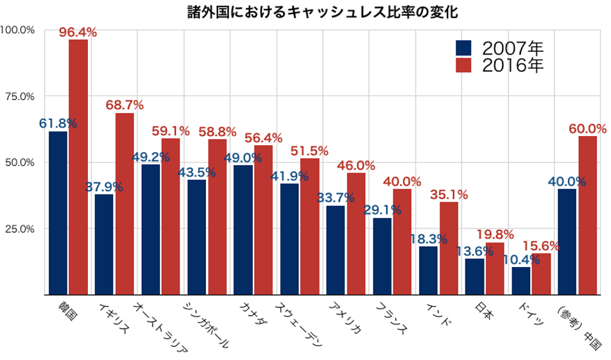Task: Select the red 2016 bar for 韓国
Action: click(78, 167)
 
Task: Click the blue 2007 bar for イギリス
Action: click(104, 244)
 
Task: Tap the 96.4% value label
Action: click(78, 31)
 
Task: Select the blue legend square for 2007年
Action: click(463, 47)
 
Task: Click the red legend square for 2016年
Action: click(463, 64)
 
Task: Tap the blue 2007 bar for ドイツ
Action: click(521, 280)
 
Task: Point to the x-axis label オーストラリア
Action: click(160, 327)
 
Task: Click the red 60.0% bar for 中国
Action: click(587, 215)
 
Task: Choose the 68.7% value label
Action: click(125, 105)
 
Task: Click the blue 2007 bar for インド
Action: click(428, 270)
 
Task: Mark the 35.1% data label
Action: click(449, 194)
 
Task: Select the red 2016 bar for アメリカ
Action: click(356, 234)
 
